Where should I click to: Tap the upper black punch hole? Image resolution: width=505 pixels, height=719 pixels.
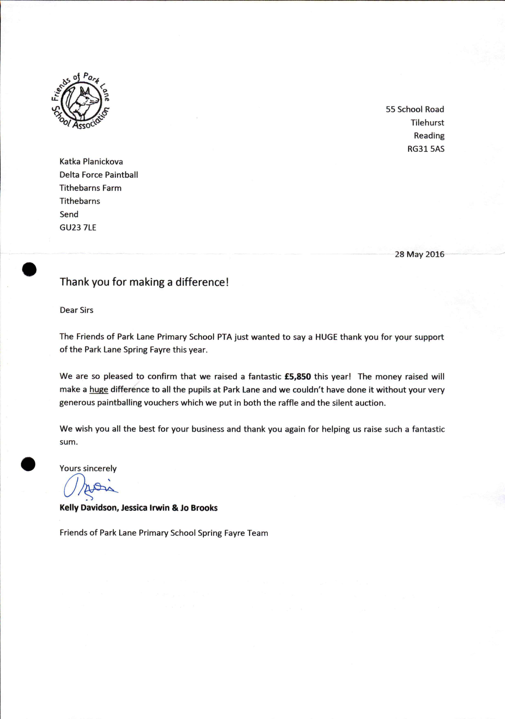click(x=29, y=269)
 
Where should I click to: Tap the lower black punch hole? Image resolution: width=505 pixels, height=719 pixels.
click(x=28, y=464)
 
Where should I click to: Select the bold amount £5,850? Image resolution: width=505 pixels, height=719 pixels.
click(x=298, y=376)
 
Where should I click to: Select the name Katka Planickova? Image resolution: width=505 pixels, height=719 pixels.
click(x=91, y=162)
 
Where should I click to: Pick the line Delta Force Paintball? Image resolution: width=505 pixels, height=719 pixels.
click(x=99, y=175)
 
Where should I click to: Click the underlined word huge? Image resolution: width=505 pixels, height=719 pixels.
click(x=99, y=390)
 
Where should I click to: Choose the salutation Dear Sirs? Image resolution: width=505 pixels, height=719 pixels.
click(x=76, y=310)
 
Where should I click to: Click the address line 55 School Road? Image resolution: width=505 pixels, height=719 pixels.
click(x=415, y=109)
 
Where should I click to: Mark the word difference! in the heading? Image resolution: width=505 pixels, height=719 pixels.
click(x=202, y=282)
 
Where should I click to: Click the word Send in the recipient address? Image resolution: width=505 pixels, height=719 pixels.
click(x=69, y=214)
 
